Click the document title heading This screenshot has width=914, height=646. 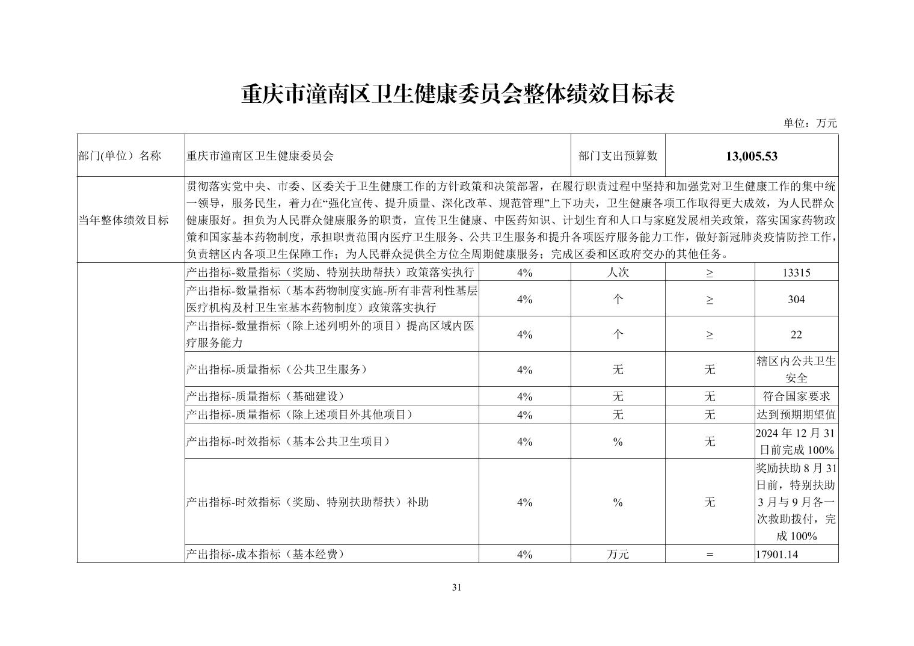pos(457,94)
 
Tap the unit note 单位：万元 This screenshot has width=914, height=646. pos(809,123)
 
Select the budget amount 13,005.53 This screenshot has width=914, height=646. pos(752,156)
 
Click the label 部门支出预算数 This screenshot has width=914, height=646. pos(618,156)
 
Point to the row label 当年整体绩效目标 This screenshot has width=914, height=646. pos(124,220)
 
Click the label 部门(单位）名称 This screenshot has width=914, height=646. pos(120,156)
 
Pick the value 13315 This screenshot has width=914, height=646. pos(796,272)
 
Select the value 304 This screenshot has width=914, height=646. pos(796,300)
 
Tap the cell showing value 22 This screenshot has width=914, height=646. pos(796,334)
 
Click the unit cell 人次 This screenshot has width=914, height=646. pos(618,272)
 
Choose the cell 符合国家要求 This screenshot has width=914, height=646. pos(796,396)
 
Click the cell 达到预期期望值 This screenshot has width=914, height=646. pos(796,415)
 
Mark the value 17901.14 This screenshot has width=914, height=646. pos(777,555)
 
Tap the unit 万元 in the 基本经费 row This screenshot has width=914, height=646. pos(618,555)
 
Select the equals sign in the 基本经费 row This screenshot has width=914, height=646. pos(710,555)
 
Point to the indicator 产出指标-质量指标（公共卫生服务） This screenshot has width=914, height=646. pos(277,369)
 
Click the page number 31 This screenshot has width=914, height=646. pos(456,588)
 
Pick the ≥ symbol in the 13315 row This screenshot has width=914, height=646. pos(710,272)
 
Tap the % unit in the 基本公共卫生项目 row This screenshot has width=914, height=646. pos(618,442)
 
